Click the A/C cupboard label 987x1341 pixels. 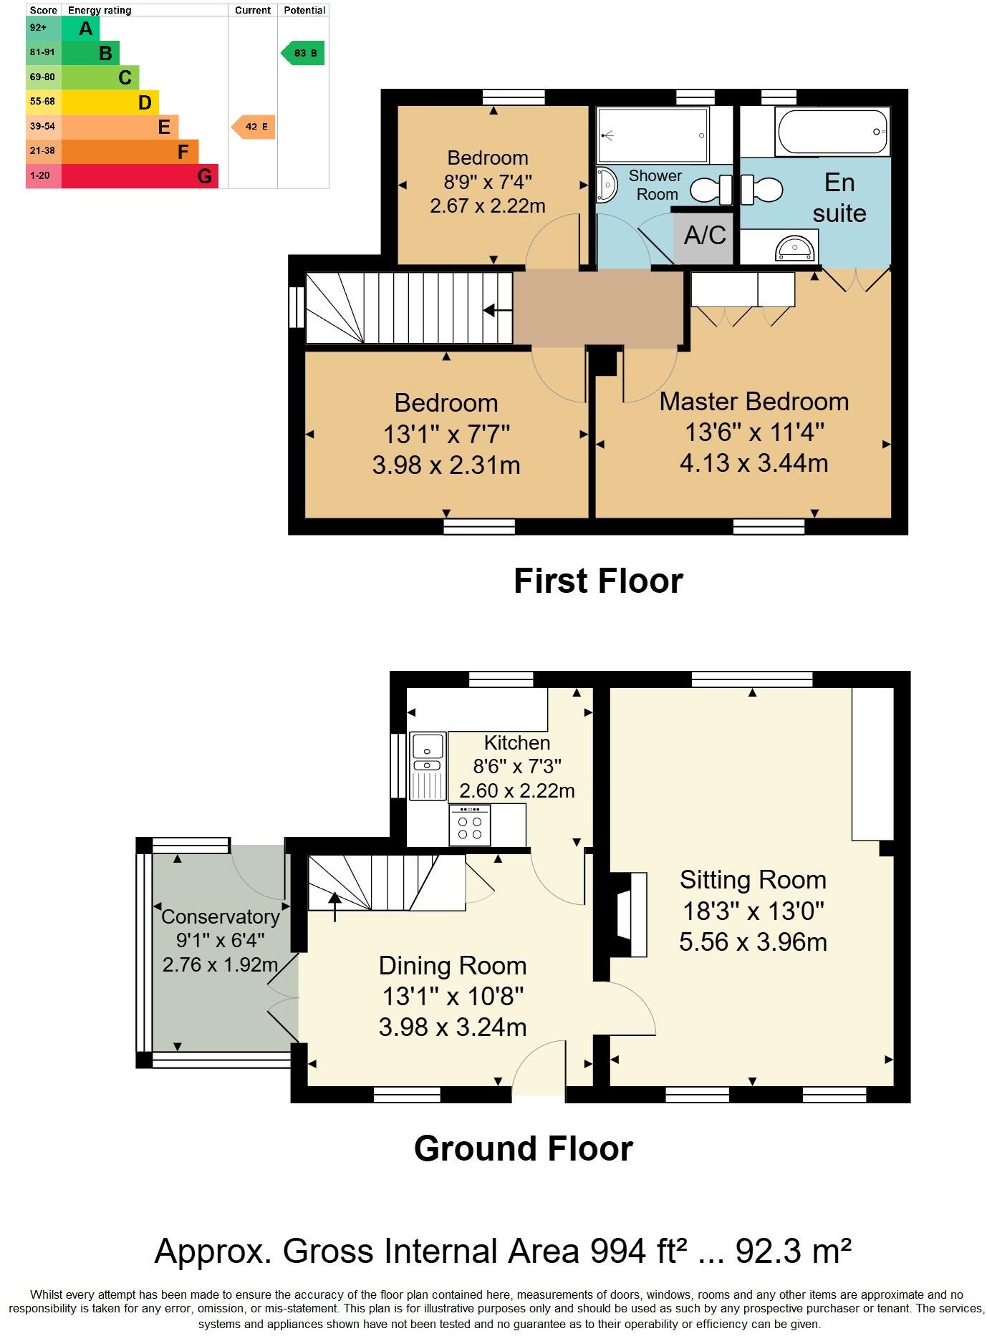[x=704, y=236]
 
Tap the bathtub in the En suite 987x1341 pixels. [x=832, y=132]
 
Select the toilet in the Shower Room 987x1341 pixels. [x=710, y=190]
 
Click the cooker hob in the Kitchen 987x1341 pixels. [x=470, y=826]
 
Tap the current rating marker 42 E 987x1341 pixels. [x=254, y=127]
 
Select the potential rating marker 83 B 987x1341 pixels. [x=303, y=53]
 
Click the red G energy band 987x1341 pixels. [x=140, y=176]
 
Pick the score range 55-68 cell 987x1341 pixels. [x=43, y=102]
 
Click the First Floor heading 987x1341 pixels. [x=598, y=581]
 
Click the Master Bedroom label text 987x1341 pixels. [x=754, y=402]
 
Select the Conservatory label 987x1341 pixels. [x=220, y=916]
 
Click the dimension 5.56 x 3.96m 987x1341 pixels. [x=753, y=942]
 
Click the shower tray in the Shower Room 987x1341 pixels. [x=653, y=135]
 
